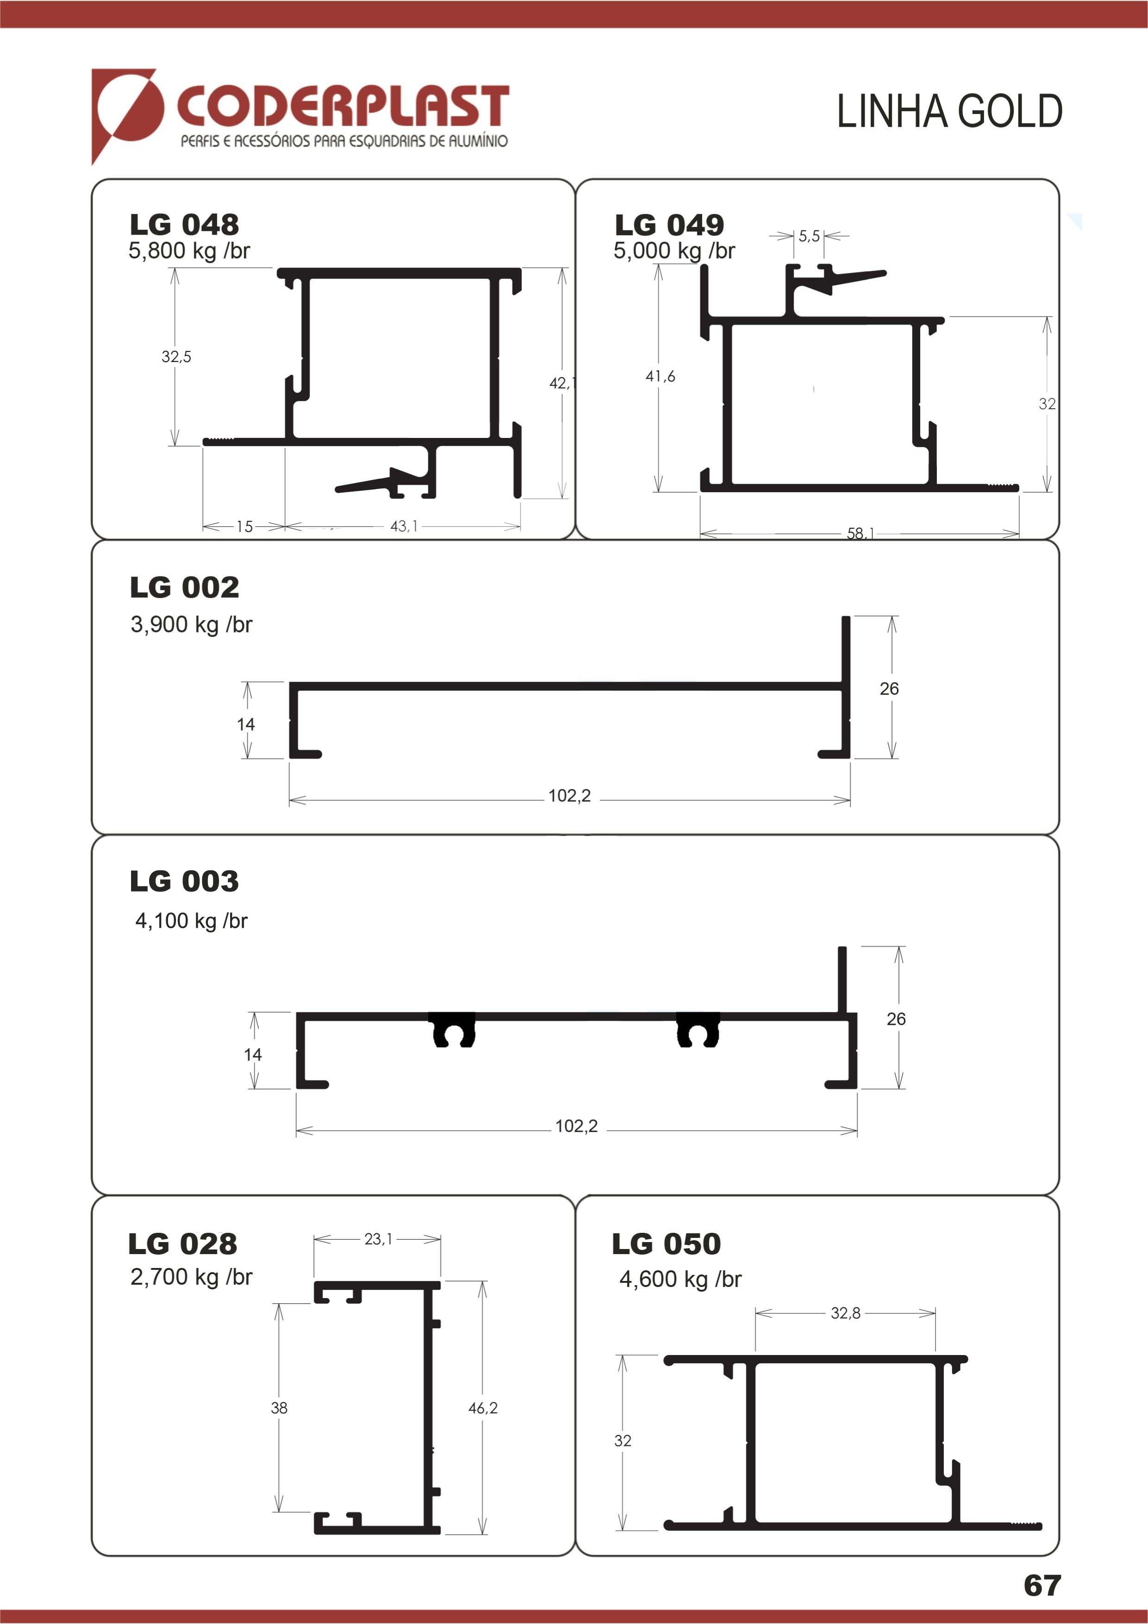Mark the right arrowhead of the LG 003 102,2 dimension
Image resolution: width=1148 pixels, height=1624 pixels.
[849, 1131]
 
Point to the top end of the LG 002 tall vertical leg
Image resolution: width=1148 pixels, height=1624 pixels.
[845, 618]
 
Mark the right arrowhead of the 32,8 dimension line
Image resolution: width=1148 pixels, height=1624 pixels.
[927, 1313]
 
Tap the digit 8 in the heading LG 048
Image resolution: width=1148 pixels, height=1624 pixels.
[228, 225]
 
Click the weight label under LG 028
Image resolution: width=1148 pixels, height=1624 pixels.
[191, 1277]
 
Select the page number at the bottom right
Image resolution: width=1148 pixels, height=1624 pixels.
[1042, 1585]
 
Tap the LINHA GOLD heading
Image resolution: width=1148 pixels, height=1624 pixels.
[949, 111]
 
